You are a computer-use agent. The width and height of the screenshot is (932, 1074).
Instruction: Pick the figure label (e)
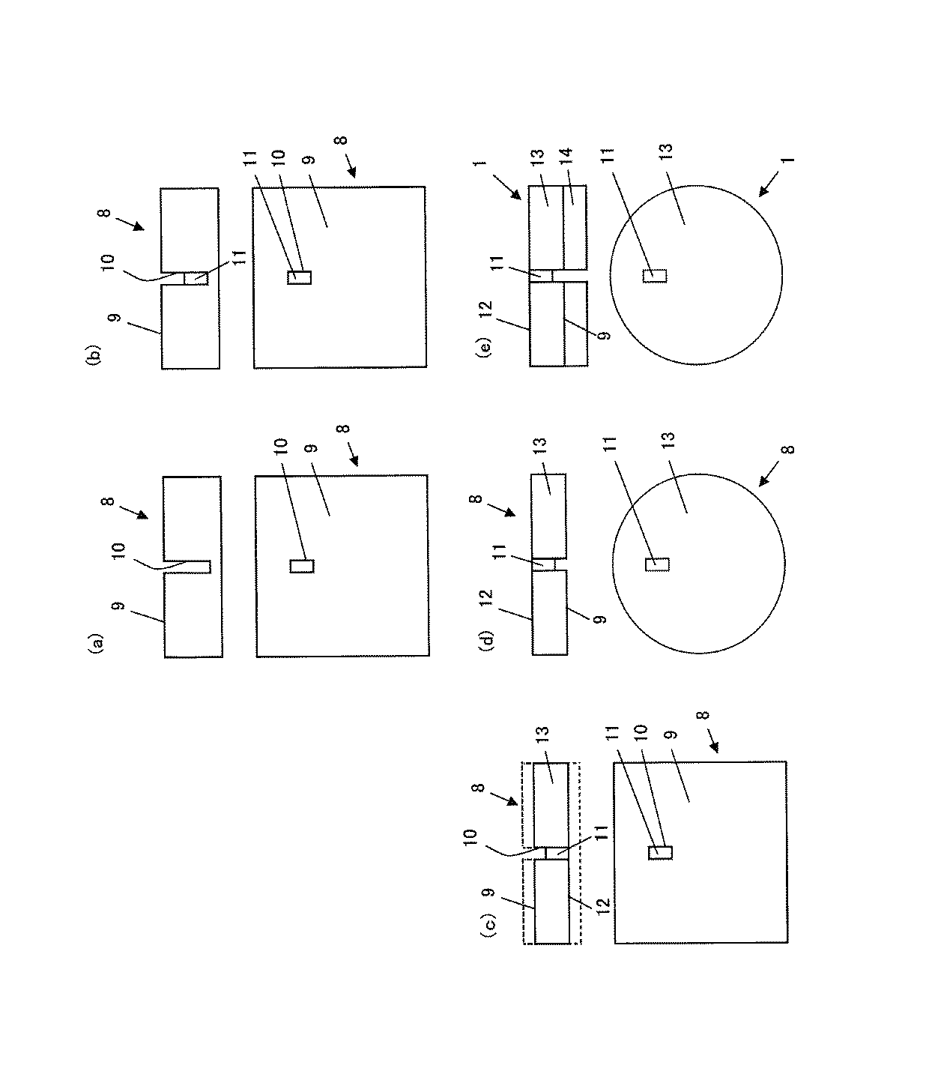[485, 349]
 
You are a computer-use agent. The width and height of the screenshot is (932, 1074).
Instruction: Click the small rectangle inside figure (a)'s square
[301, 567]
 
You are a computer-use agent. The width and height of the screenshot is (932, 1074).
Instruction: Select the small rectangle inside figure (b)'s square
[299, 277]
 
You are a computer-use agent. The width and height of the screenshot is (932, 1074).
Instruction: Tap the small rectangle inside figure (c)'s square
[660, 852]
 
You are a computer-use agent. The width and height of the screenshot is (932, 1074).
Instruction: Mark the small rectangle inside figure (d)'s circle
[656, 564]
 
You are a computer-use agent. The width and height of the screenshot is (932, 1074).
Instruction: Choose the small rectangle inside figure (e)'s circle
[655, 275]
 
